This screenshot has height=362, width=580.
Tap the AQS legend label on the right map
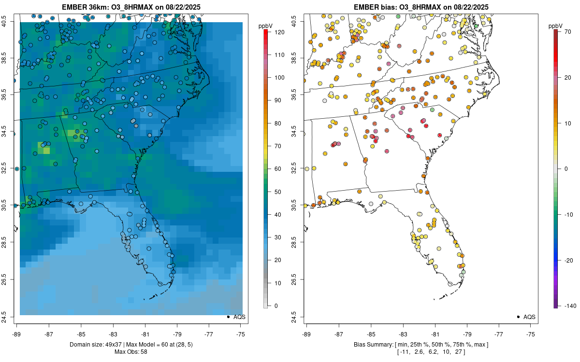[x=530, y=317]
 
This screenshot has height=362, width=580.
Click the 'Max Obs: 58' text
[x=130, y=352]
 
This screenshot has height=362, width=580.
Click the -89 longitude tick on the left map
[x=17, y=334]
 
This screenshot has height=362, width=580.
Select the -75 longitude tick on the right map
[x=531, y=334]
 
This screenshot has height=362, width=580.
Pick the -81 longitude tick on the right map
[x=435, y=334]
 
